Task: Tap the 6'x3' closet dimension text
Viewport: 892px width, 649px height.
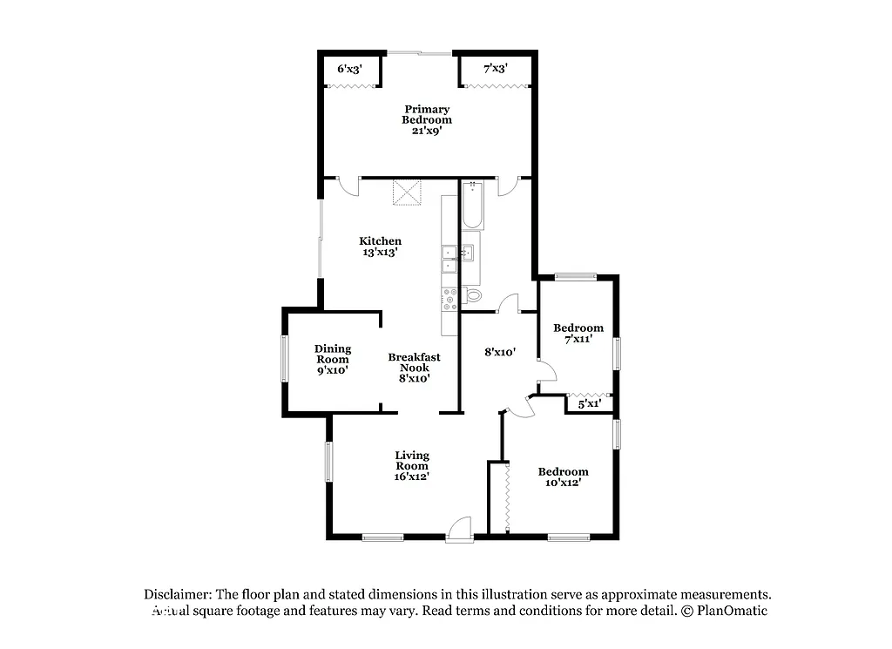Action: tap(350, 68)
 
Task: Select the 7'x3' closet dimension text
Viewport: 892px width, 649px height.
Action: tap(496, 68)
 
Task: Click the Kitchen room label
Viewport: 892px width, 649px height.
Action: tap(381, 247)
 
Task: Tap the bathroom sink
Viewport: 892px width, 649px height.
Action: tap(469, 253)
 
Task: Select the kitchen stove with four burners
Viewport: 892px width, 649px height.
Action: tap(450, 299)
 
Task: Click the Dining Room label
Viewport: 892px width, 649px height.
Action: tap(332, 359)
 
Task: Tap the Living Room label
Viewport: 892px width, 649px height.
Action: tap(412, 465)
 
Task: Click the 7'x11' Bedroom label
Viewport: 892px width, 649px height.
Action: tap(578, 334)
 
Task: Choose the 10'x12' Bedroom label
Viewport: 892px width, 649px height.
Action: tap(562, 477)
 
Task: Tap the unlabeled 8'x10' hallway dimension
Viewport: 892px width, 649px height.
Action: tap(501, 353)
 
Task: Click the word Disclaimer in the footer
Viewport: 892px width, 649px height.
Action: tap(178, 594)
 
